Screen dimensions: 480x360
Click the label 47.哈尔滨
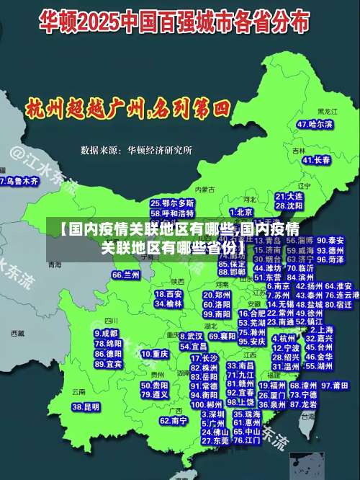click(x=315, y=124)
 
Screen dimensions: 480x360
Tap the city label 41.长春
click(x=316, y=160)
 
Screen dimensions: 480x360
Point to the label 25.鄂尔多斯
click(x=172, y=203)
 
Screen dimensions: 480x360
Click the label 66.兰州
click(x=126, y=275)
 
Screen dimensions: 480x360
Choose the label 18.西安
click(x=168, y=294)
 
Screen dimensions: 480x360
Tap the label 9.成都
click(x=107, y=334)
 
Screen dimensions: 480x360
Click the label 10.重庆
click(x=155, y=354)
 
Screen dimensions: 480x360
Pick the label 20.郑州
click(x=217, y=295)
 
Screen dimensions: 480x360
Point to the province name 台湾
click(x=308, y=416)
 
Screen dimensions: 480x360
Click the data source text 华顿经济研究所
click(x=160, y=151)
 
